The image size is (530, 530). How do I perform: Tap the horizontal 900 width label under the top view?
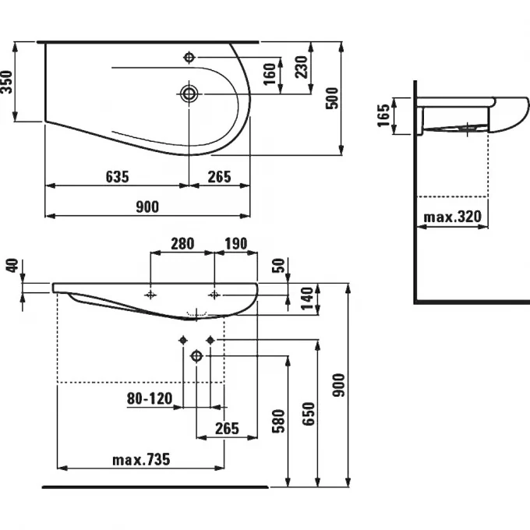tap(147, 207)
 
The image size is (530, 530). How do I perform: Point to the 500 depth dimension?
tap(333, 97)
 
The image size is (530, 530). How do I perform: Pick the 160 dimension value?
tap(270, 76)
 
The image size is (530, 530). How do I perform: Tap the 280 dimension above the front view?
tap(182, 244)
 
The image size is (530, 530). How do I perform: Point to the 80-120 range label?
tap(149, 398)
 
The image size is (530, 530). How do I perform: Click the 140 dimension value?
tap(307, 297)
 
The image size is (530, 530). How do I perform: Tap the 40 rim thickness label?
tap(11, 266)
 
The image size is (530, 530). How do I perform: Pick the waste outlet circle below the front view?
tap(196, 356)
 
